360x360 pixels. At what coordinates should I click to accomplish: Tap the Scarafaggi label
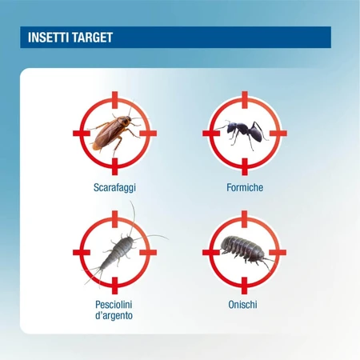click(114, 187)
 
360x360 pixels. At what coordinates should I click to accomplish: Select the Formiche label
click(245, 187)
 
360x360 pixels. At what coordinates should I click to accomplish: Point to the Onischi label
click(242, 305)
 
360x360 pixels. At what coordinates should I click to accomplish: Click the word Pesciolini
click(114, 305)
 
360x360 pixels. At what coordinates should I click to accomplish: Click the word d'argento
click(114, 315)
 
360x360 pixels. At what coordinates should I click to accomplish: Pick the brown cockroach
click(114, 132)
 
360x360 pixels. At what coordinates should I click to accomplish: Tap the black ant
click(244, 132)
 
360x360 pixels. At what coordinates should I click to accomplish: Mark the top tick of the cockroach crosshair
click(114, 100)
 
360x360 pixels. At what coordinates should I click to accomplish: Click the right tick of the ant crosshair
click(278, 133)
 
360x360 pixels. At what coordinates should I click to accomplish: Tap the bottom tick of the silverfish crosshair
click(114, 286)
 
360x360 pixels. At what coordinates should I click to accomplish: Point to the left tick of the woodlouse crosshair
click(211, 252)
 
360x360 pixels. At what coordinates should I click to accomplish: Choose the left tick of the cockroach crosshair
click(82, 133)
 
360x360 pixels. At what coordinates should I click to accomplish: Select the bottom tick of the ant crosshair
click(245, 166)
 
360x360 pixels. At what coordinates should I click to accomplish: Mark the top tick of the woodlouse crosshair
click(245, 219)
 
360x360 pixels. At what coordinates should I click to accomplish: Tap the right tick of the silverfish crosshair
click(148, 252)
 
